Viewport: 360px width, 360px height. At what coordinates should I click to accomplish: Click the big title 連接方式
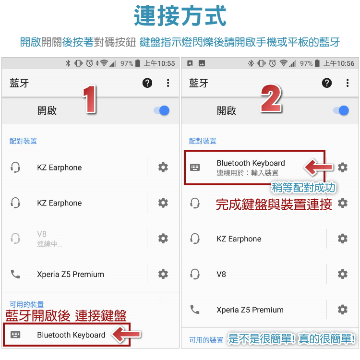180,16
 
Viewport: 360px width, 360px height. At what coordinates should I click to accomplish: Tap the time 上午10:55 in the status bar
159,63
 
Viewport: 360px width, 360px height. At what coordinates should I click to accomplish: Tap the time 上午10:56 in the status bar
339,63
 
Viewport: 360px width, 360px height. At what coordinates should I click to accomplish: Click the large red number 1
90,99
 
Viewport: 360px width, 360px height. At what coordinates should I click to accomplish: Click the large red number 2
271,98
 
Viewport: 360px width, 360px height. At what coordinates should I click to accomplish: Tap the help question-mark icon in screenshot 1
147,83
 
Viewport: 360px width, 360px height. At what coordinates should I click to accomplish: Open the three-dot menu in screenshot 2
348,83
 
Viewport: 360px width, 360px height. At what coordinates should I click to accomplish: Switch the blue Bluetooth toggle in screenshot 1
162,110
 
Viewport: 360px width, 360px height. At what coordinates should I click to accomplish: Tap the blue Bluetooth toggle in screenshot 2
341,110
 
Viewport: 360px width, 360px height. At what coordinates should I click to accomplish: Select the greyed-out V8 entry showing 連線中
49,239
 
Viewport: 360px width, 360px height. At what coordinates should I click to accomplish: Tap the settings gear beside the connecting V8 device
163,239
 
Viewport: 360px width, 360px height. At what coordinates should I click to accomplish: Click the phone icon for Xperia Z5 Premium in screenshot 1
15,274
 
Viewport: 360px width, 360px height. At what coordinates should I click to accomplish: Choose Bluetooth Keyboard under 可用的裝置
71,335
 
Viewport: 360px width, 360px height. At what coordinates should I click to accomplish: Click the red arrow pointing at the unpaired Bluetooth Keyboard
126,335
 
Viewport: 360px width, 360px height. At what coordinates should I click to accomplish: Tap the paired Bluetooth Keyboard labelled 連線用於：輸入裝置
251,168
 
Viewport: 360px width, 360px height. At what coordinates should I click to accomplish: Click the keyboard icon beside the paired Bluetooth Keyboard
195,168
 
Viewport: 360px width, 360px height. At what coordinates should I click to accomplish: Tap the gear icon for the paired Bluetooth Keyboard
343,168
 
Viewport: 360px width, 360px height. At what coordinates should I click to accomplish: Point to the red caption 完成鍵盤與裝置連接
274,204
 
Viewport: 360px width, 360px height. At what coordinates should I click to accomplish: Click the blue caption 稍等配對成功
303,188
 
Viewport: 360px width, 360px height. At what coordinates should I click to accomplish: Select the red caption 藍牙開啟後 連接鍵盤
66,316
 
